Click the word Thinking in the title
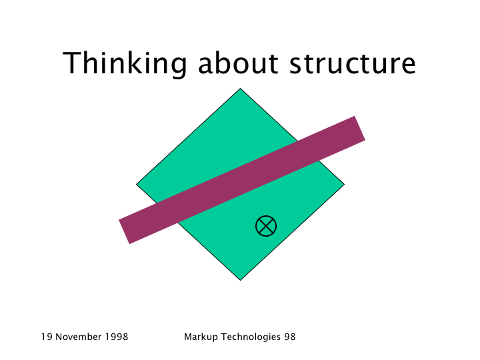[x=125, y=63]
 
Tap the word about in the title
[x=238, y=63]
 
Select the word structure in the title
[x=353, y=64]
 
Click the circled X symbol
[x=266, y=226]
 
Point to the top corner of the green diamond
[x=240, y=89]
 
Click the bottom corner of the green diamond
[x=240, y=280]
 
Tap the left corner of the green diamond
[x=136, y=184]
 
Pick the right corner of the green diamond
[x=345, y=184]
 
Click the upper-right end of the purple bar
[x=360, y=128]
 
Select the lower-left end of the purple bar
[x=124, y=232]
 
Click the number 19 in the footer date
[x=47, y=337]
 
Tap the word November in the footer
[x=79, y=337]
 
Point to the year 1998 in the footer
[x=117, y=337]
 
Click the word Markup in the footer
[x=201, y=337]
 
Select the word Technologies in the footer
[x=251, y=337]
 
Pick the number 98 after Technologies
[x=290, y=337]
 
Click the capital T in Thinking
[x=71, y=63]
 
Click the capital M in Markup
[x=188, y=337]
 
